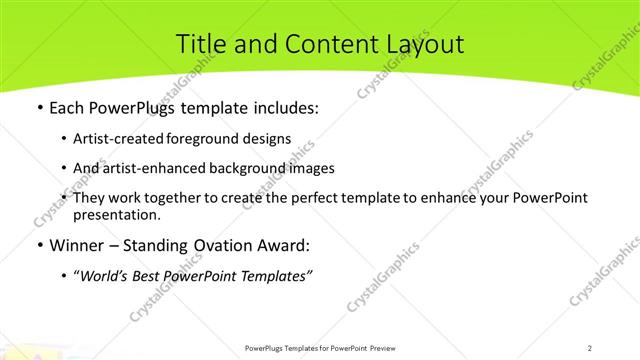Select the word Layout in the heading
click(x=420, y=44)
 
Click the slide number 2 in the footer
click(x=589, y=347)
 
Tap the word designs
click(x=268, y=138)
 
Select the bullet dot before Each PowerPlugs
click(x=39, y=108)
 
